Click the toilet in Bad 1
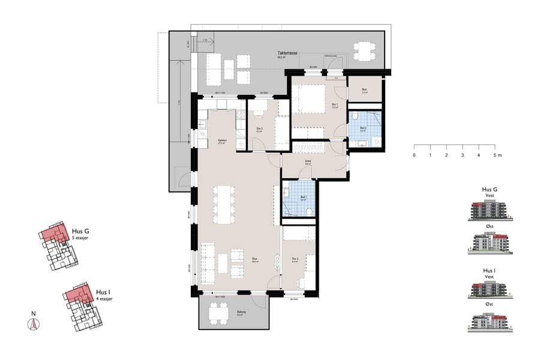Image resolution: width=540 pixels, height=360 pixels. [x=308, y=211]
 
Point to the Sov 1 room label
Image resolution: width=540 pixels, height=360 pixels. [x=335, y=105]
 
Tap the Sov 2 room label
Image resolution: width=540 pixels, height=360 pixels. [x=295, y=261]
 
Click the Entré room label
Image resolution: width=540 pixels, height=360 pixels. [x=308, y=161]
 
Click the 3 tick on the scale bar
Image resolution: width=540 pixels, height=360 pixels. [x=463, y=146]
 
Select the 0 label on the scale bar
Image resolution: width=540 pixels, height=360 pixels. [x=414, y=155]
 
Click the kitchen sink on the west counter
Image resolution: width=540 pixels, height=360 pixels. [x=203, y=124]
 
